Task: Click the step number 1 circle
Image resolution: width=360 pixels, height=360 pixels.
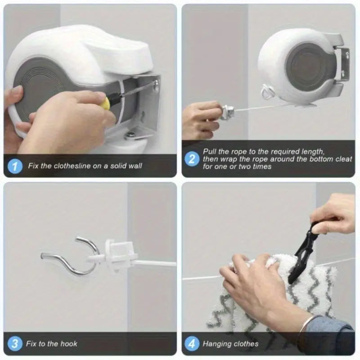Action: click(x=15, y=166)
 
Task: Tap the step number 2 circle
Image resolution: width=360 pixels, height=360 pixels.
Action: click(x=192, y=159)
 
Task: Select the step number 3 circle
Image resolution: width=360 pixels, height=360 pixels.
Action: click(x=15, y=344)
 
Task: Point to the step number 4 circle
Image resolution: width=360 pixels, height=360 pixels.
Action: click(x=192, y=344)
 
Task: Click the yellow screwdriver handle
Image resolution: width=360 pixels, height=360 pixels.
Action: click(x=105, y=103)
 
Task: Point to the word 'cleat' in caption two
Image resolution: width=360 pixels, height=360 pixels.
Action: click(x=343, y=159)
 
